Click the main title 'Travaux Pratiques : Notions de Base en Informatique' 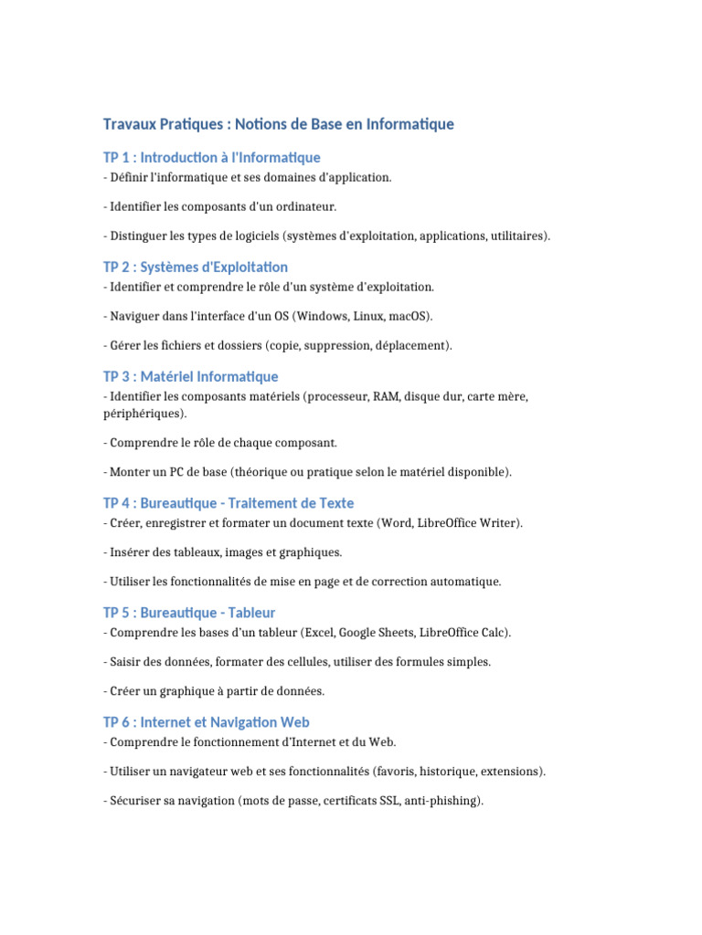pyautogui.click(x=278, y=123)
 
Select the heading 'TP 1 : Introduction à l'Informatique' pyautogui.click(x=211, y=158)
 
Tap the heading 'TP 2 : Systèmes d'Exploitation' pyautogui.click(x=196, y=267)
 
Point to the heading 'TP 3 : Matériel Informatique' pyautogui.click(x=190, y=376)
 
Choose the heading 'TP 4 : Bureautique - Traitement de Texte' pyautogui.click(x=229, y=503)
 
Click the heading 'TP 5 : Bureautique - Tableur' pyautogui.click(x=189, y=613)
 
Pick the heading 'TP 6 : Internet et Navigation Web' pyautogui.click(x=207, y=722)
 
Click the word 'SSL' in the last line pyautogui.click(x=382, y=801)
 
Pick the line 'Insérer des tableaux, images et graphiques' pyautogui.click(x=223, y=552)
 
